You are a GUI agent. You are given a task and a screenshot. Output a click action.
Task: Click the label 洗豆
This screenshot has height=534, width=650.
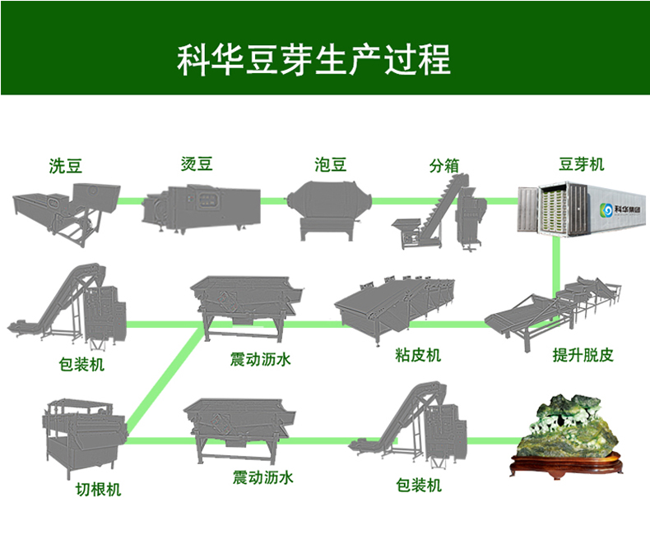click(x=66, y=166)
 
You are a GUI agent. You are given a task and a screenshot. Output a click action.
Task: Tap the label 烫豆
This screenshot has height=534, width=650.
click(x=197, y=164)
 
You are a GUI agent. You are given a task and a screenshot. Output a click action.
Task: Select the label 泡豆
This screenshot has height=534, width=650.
click(x=331, y=164)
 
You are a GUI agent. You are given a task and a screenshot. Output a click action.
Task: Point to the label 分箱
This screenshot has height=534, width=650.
click(x=443, y=165)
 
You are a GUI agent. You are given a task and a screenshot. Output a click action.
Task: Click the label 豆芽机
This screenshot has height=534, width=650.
click(x=581, y=164)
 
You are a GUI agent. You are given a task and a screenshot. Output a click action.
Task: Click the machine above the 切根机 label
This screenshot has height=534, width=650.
click(x=82, y=435)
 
